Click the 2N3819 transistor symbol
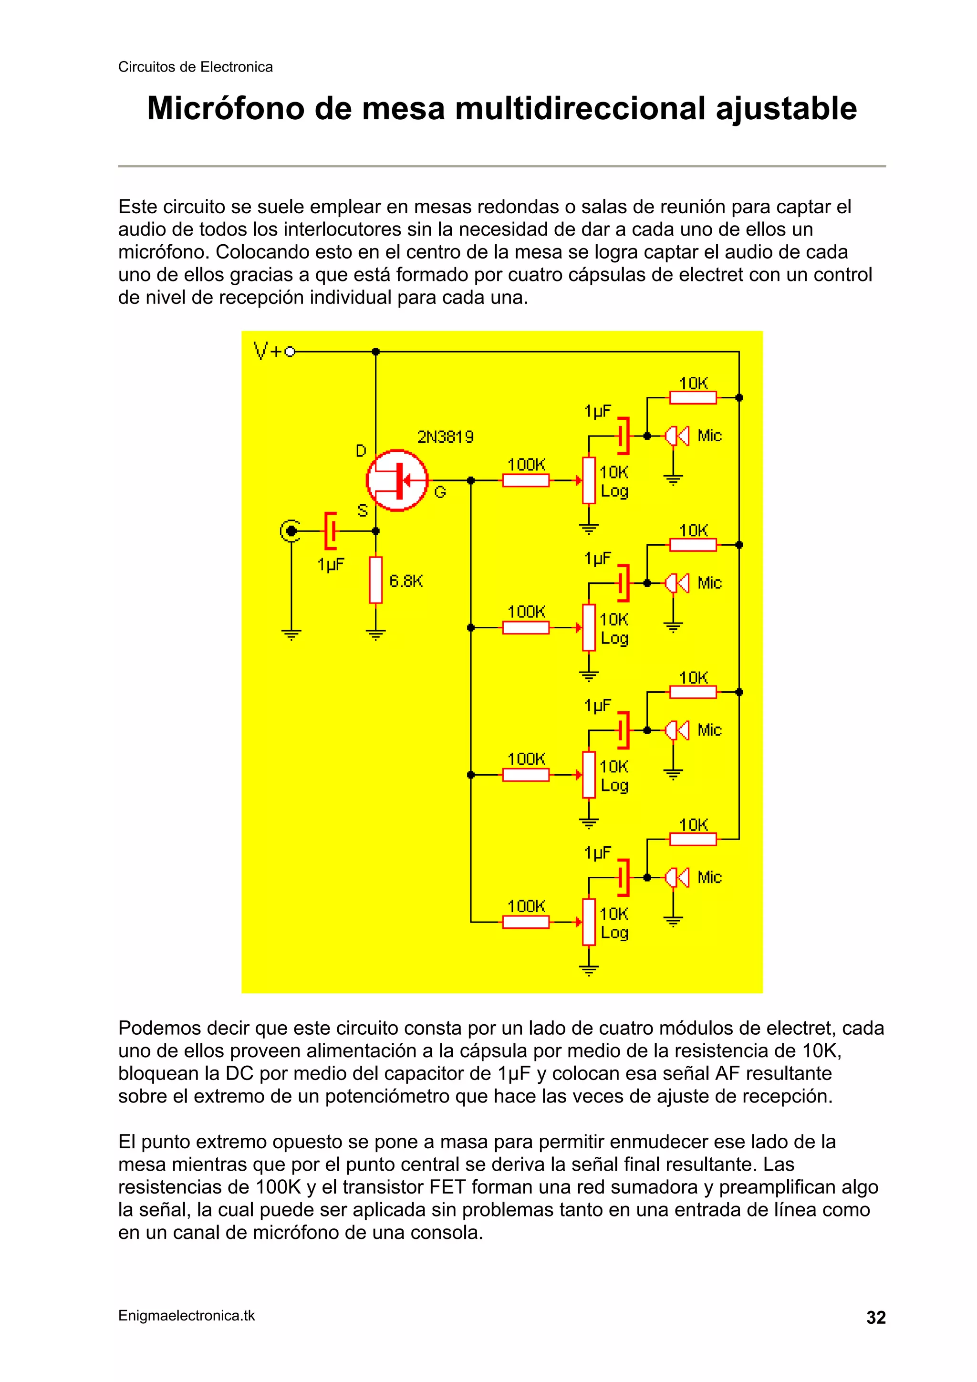pos(397,480)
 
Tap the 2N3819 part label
pos(445,436)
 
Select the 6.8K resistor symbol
pos(375,580)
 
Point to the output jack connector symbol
pos(291,531)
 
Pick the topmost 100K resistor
pos(526,480)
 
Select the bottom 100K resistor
pos(526,922)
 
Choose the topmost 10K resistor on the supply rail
pos(693,397)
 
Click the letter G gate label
pos(440,492)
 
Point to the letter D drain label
pos(361,450)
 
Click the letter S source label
pos(363,510)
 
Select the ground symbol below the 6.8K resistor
pos(375,634)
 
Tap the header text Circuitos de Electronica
pos(195,67)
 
